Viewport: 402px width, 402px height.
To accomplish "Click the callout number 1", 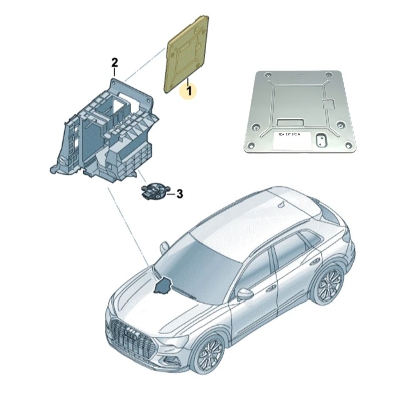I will point(189,91).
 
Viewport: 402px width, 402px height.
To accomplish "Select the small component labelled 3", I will point(152,191).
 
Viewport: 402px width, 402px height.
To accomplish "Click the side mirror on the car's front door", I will point(245,294).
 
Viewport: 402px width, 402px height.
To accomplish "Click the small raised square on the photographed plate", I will point(329,104).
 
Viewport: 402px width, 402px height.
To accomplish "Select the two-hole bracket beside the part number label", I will point(319,139).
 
